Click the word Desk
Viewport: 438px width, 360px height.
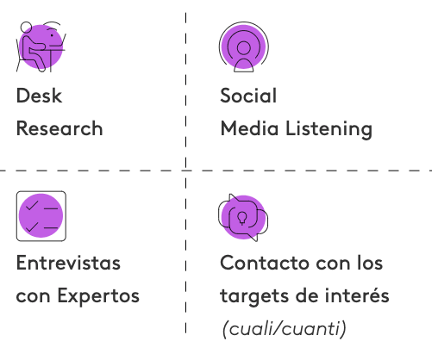click(39, 96)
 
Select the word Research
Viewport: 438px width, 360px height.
click(59, 128)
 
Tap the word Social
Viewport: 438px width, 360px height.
click(248, 96)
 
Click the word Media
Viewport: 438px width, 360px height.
click(249, 128)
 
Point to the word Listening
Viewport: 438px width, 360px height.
click(328, 129)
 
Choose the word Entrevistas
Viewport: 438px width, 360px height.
click(68, 263)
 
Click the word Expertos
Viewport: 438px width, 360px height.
click(98, 296)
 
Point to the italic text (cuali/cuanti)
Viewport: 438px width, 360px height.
click(285, 329)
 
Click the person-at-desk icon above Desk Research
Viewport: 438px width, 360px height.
click(41, 47)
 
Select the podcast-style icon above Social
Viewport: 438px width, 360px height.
click(244, 47)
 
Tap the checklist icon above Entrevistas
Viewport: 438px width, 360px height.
click(41, 216)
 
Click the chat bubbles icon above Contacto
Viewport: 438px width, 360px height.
click(243, 217)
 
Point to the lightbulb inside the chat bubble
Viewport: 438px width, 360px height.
click(242, 218)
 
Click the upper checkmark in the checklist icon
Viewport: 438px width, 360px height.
click(32, 206)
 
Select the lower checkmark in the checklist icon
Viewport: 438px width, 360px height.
click(32, 227)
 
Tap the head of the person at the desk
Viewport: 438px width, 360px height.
click(26, 28)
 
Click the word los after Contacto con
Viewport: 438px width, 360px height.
click(370, 263)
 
